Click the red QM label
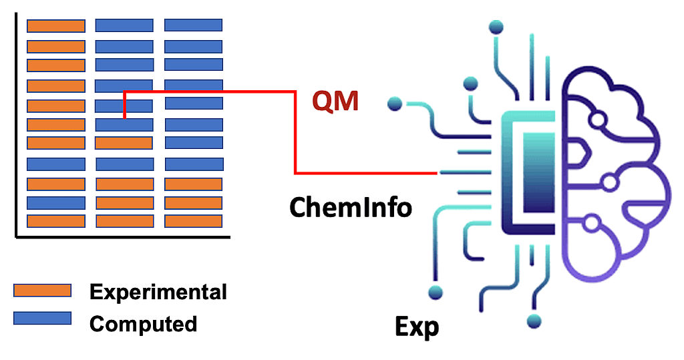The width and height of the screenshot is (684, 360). pyautogui.click(x=335, y=102)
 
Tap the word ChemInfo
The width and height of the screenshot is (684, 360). pyautogui.click(x=351, y=208)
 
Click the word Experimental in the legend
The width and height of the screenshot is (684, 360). pyautogui.click(x=158, y=292)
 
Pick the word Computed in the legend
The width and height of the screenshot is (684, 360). pyautogui.click(x=143, y=324)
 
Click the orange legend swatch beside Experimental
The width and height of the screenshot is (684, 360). pyautogui.click(x=42, y=291)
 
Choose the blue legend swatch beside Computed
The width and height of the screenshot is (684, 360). pyautogui.click(x=42, y=318)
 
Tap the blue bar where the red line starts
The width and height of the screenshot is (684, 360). pyautogui.click(x=124, y=124)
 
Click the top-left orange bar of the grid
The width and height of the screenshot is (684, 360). pyautogui.click(x=55, y=26)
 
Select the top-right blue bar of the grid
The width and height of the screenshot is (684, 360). pyautogui.click(x=193, y=25)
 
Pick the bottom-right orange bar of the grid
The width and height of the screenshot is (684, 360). pyautogui.click(x=193, y=221)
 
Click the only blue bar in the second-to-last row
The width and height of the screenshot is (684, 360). pyautogui.click(x=55, y=203)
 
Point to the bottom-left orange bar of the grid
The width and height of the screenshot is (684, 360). pyautogui.click(x=55, y=221)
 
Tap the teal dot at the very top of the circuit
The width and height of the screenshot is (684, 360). pyautogui.click(x=496, y=27)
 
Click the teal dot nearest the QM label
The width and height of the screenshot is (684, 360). pyautogui.click(x=395, y=104)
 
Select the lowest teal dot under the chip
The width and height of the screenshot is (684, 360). pyautogui.click(x=533, y=321)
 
